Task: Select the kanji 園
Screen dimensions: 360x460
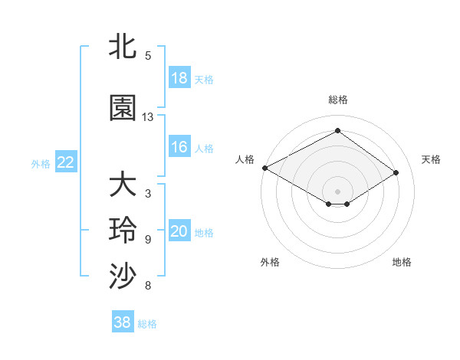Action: coord(123,108)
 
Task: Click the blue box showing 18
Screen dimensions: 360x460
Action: coord(179,78)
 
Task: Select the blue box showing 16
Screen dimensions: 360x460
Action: coord(179,147)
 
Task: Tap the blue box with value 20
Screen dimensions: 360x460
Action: coord(179,232)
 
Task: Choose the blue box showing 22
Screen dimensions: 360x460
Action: coord(65,162)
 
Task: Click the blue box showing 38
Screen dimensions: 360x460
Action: coord(123,322)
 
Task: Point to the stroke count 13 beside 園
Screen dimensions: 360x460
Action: coord(148,117)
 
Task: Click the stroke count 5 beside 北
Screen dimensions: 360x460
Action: coord(148,55)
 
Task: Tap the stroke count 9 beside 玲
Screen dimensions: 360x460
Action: coord(148,240)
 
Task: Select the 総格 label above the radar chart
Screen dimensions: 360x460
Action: coord(337,100)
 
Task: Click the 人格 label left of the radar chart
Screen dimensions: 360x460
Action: coord(245,159)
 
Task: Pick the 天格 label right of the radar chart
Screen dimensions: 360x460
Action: coord(432,159)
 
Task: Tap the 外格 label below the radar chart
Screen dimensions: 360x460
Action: coord(270,262)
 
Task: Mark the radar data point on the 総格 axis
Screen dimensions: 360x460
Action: coord(337,131)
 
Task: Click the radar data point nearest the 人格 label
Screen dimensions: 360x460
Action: coord(264,167)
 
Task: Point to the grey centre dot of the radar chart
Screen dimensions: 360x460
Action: coord(337,191)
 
